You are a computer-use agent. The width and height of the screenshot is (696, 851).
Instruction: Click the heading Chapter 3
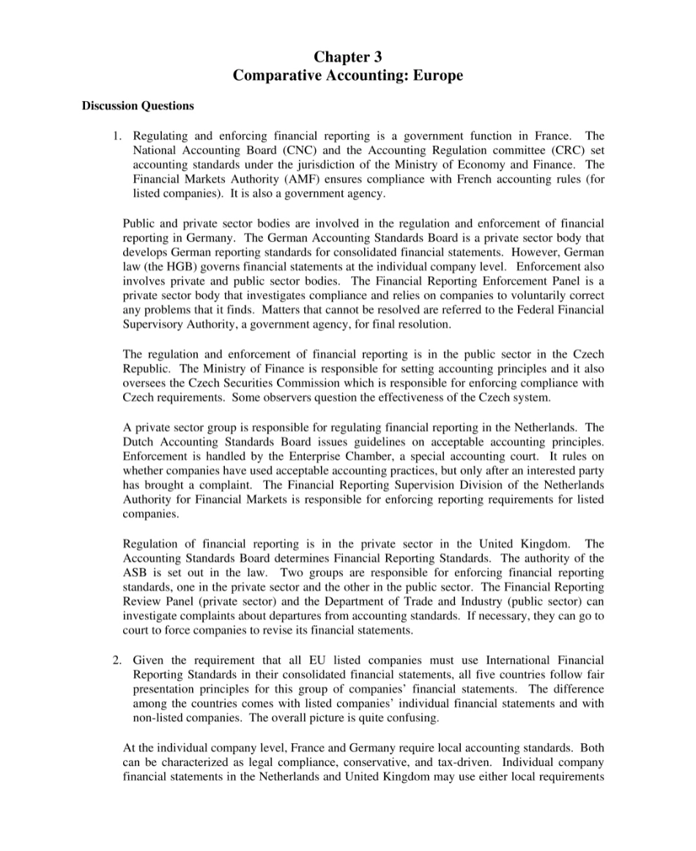tap(348, 56)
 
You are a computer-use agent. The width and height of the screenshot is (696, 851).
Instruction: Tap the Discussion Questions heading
tap(137, 105)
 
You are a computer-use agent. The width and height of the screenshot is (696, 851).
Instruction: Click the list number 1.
tap(116, 136)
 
